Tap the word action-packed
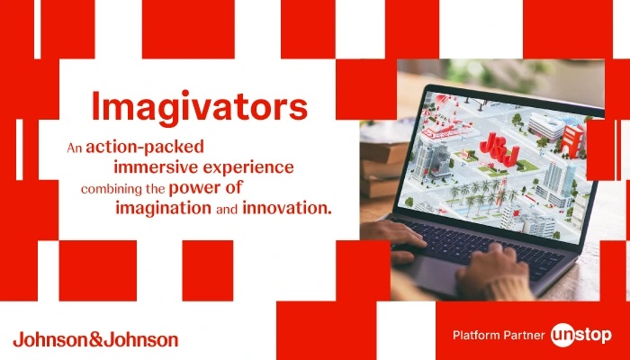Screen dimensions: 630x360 [145, 148]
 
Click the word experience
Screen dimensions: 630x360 [248, 168]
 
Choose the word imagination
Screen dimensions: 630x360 [163, 209]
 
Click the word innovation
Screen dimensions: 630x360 [287, 209]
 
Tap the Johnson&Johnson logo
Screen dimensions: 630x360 [95, 339]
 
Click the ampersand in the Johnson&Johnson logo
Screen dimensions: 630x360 [95, 339]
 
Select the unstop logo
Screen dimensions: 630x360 [581, 335]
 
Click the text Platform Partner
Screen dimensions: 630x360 [499, 335]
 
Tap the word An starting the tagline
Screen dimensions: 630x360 [75, 148]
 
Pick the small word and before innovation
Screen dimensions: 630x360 [227, 210]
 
